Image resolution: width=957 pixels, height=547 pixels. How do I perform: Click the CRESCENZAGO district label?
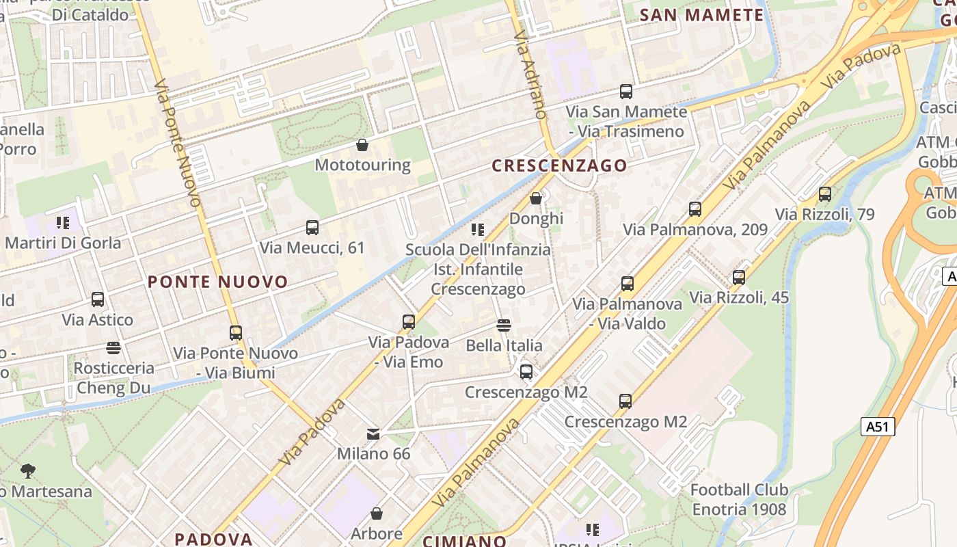pyautogui.click(x=559, y=165)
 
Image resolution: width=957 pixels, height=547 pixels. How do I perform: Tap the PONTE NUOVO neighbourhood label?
pyautogui.click(x=218, y=282)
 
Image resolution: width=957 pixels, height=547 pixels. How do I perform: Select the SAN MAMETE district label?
pyautogui.click(x=701, y=15)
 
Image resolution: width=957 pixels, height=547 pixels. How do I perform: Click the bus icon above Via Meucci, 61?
pyautogui.click(x=312, y=228)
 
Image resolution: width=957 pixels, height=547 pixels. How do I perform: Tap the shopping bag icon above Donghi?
pyautogui.click(x=536, y=198)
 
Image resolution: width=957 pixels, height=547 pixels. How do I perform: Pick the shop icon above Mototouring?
pyautogui.click(x=362, y=145)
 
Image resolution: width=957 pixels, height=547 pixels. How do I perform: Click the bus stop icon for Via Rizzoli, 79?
pyautogui.click(x=825, y=194)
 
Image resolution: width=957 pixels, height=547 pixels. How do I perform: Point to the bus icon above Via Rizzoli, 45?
pyautogui.click(x=739, y=278)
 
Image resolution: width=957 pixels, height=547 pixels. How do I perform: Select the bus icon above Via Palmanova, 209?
pyautogui.click(x=695, y=209)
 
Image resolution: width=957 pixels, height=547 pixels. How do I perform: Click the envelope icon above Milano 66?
pyautogui.click(x=373, y=433)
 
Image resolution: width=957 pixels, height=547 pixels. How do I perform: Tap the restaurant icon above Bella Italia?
pyautogui.click(x=504, y=325)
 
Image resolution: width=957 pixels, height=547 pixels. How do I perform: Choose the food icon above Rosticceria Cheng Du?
pyautogui.click(x=113, y=348)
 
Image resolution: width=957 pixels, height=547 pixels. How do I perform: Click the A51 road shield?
pyautogui.click(x=877, y=427)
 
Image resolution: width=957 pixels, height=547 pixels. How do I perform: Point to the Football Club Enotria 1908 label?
pyautogui.click(x=739, y=500)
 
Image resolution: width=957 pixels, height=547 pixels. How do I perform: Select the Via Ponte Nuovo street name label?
pyautogui.click(x=178, y=144)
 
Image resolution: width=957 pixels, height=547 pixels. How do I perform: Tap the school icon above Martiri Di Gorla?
pyautogui.click(x=63, y=222)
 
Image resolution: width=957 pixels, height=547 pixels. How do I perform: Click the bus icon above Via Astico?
pyautogui.click(x=98, y=299)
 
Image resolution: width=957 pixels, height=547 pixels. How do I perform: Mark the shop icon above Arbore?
pyautogui.click(x=376, y=513)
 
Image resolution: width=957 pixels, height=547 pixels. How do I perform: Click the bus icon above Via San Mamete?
pyautogui.click(x=626, y=92)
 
